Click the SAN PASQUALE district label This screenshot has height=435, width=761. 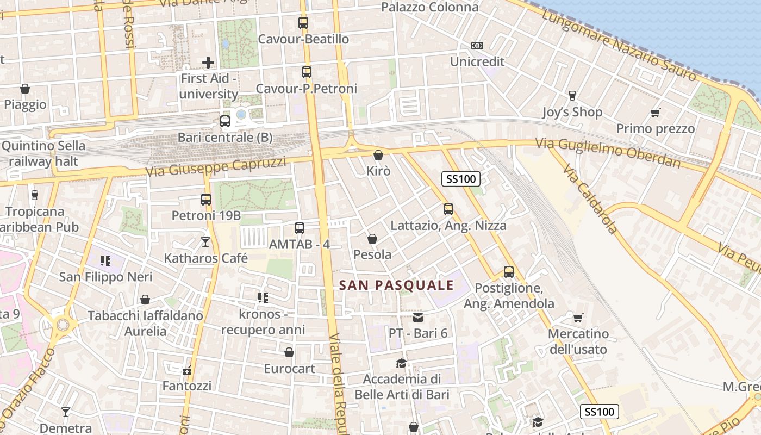396,285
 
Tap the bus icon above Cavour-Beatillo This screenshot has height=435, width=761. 303,23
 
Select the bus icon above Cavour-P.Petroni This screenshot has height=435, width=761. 307,72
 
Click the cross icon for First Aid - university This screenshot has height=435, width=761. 208,63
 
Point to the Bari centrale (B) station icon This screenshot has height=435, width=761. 225,121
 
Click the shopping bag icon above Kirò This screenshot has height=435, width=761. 378,155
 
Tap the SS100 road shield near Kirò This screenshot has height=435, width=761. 460,179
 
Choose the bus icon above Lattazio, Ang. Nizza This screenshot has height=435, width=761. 448,209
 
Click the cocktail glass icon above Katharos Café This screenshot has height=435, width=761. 205,241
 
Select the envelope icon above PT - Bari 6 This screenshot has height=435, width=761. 417,317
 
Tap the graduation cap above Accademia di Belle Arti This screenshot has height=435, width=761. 401,363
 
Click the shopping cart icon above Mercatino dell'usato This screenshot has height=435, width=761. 578,317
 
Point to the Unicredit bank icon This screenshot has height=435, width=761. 477,46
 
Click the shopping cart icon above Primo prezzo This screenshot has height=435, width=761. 655,113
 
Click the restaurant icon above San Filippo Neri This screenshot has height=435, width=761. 105,261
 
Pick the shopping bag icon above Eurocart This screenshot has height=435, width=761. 289,352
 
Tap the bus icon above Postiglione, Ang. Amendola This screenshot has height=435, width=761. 509,271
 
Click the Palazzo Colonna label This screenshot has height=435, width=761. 429,7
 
